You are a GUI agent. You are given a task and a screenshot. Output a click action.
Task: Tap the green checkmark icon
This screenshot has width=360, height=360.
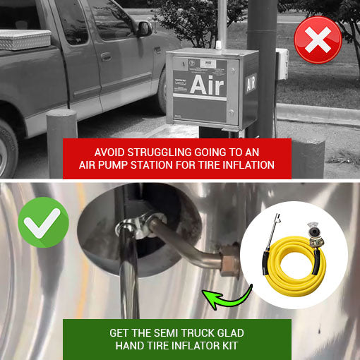(43, 222)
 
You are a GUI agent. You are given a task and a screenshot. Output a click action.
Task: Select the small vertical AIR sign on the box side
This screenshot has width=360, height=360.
(249, 85)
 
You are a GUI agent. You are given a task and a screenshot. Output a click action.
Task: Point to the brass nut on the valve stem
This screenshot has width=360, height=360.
(227, 252)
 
